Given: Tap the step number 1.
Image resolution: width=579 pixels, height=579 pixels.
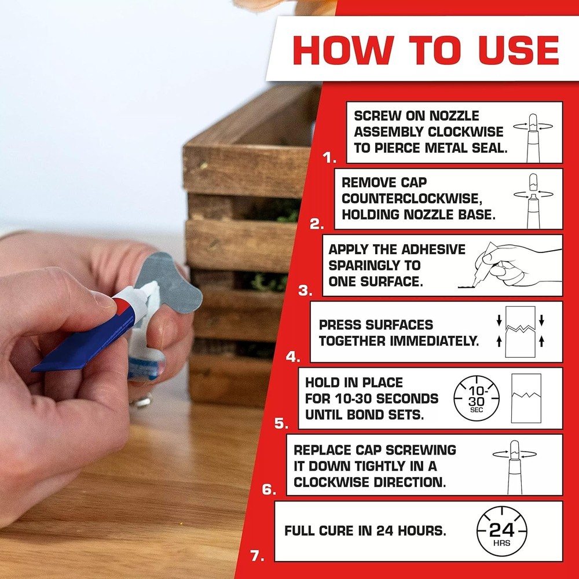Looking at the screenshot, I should coord(329,157).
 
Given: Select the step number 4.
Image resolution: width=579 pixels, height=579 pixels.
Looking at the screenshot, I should coord(293,357).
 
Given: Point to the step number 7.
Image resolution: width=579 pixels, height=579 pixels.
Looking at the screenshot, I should coord(258,556).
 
